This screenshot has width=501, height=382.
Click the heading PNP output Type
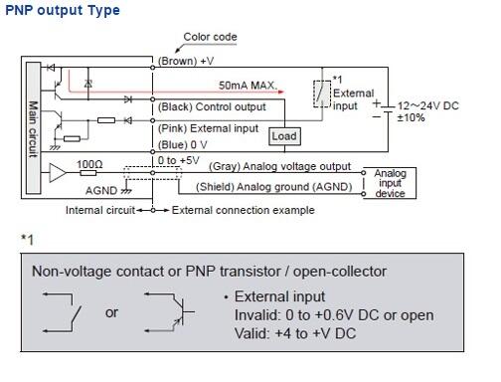[x=62, y=11]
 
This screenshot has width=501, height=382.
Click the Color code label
[x=210, y=37]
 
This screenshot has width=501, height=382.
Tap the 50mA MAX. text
[x=248, y=88]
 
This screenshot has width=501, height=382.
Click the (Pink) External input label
[x=209, y=128]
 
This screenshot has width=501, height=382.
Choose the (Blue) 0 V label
[x=182, y=143]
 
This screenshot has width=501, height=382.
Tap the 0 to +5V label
[x=178, y=157]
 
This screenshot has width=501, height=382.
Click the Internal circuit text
[x=99, y=211]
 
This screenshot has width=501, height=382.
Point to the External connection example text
[x=243, y=211]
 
